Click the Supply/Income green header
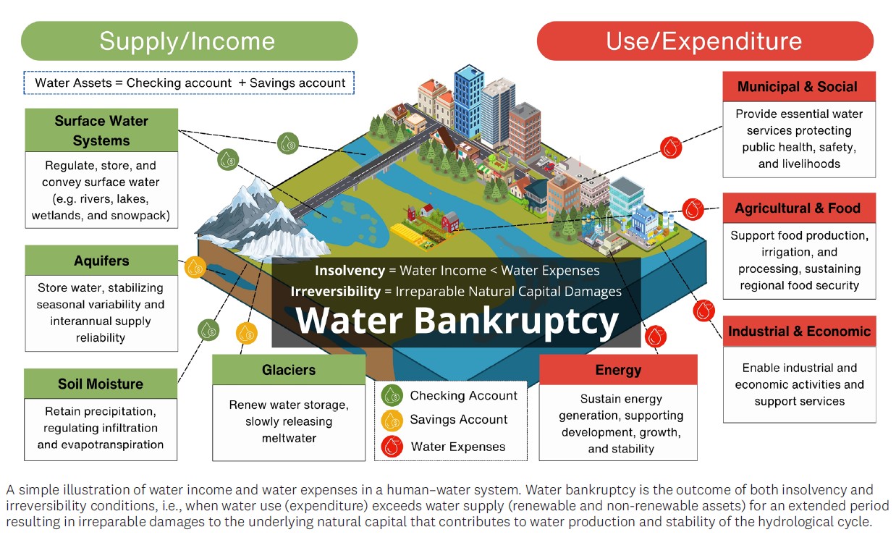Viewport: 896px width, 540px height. point(188,41)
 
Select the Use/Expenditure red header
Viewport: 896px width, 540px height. point(704,41)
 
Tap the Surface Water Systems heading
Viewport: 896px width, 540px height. point(101,130)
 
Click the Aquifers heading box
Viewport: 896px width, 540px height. point(101,261)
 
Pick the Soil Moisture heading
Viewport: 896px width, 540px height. point(101,384)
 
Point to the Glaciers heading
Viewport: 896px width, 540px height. point(289,370)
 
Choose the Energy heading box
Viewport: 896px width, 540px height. point(618,370)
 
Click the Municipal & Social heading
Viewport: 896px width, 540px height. point(798,87)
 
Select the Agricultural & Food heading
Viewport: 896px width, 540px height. point(798,208)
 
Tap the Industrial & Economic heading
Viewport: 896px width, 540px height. point(799,332)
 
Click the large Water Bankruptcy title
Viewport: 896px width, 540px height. point(457,321)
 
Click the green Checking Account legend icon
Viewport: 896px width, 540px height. point(393,395)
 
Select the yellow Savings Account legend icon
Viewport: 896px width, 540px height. point(393,420)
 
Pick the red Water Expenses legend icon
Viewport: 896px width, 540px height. point(393,446)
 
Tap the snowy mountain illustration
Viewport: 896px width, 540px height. point(250,214)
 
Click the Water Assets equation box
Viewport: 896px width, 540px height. point(190,83)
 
